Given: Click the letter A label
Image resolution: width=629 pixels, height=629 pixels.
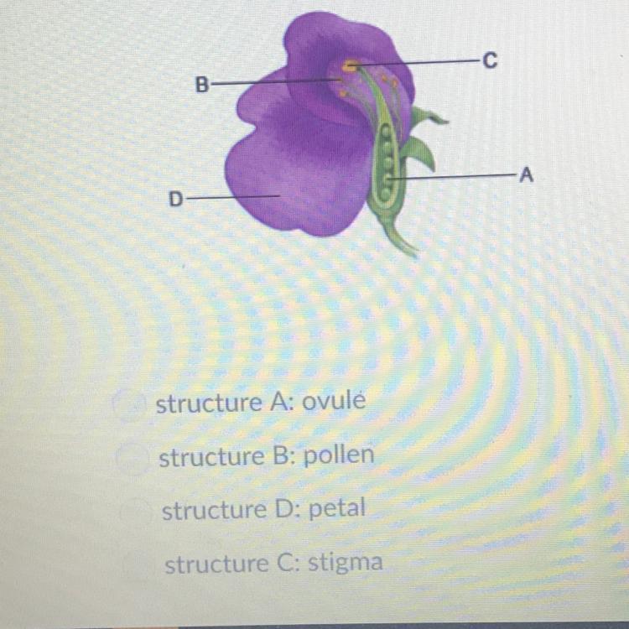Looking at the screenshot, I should [x=526, y=175].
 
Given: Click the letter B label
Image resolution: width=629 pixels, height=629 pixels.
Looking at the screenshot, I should [x=200, y=84].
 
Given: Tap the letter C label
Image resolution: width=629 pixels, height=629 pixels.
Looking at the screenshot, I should [x=490, y=60].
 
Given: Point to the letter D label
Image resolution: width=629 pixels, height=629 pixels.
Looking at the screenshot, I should [x=176, y=199].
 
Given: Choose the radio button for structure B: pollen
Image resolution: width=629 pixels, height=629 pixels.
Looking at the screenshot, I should [x=133, y=458].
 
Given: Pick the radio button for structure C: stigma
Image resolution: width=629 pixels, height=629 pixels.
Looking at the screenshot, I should [x=136, y=564].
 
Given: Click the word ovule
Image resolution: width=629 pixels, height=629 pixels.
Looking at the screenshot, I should [x=333, y=403].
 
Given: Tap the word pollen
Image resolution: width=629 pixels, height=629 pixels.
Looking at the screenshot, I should [x=338, y=457].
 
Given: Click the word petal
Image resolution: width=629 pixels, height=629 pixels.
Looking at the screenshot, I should [x=339, y=510].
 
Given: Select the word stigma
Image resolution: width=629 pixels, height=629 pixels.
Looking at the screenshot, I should [x=345, y=563].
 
